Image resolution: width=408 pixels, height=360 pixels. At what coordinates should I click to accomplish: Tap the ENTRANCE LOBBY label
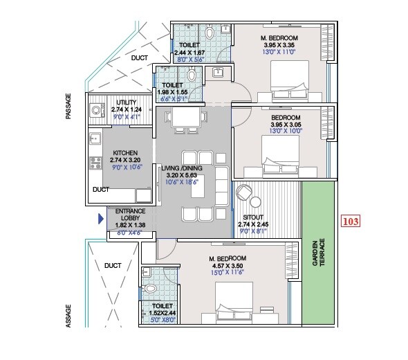[130, 210]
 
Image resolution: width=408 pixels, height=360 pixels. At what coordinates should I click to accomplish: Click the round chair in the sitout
[244, 192]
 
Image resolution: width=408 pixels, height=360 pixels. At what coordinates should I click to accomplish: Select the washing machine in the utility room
[95, 110]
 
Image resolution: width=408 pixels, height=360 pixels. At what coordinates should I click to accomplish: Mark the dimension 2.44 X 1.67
[189, 53]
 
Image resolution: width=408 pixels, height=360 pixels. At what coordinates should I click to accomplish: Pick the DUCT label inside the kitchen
[101, 188]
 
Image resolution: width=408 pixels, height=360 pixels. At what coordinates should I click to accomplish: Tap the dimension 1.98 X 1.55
[173, 91]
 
